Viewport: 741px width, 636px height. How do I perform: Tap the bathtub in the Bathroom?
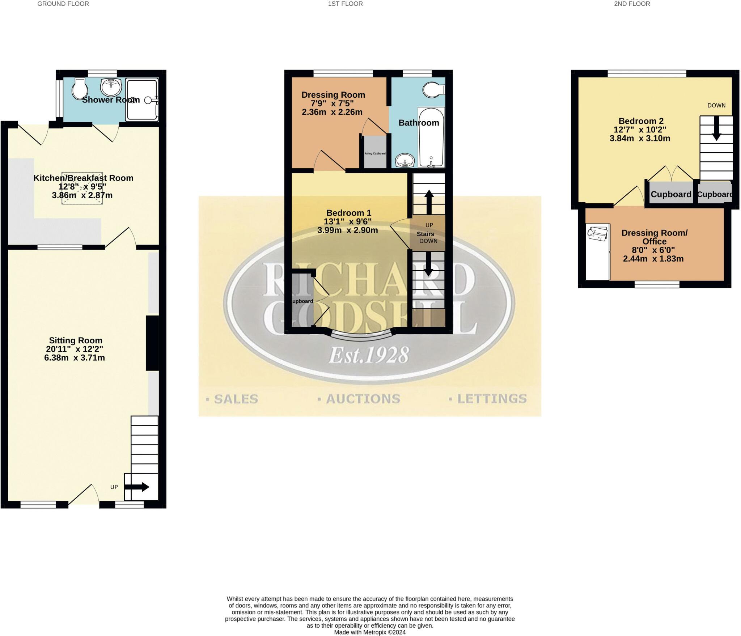tap(431, 137)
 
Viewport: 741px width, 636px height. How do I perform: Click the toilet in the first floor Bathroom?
tap(433, 90)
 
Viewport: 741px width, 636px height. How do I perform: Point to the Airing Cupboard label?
tap(375, 153)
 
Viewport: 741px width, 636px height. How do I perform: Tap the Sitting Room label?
tap(76, 340)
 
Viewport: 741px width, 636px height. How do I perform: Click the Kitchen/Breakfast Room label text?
tap(83, 178)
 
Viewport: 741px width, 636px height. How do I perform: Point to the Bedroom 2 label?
tap(641, 121)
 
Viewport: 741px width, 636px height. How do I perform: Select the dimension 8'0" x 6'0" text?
tap(653, 250)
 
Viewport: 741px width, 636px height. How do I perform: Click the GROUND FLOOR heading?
tap(63, 4)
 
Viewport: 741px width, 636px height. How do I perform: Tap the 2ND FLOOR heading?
tap(632, 4)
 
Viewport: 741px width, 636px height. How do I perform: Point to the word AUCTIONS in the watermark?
tap(363, 399)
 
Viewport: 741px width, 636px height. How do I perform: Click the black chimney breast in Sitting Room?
tap(152, 343)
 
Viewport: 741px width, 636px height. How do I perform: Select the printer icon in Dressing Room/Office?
tap(597, 234)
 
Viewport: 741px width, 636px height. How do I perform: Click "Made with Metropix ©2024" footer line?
tap(369, 632)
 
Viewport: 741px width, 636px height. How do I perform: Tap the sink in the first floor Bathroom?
tap(405, 160)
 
